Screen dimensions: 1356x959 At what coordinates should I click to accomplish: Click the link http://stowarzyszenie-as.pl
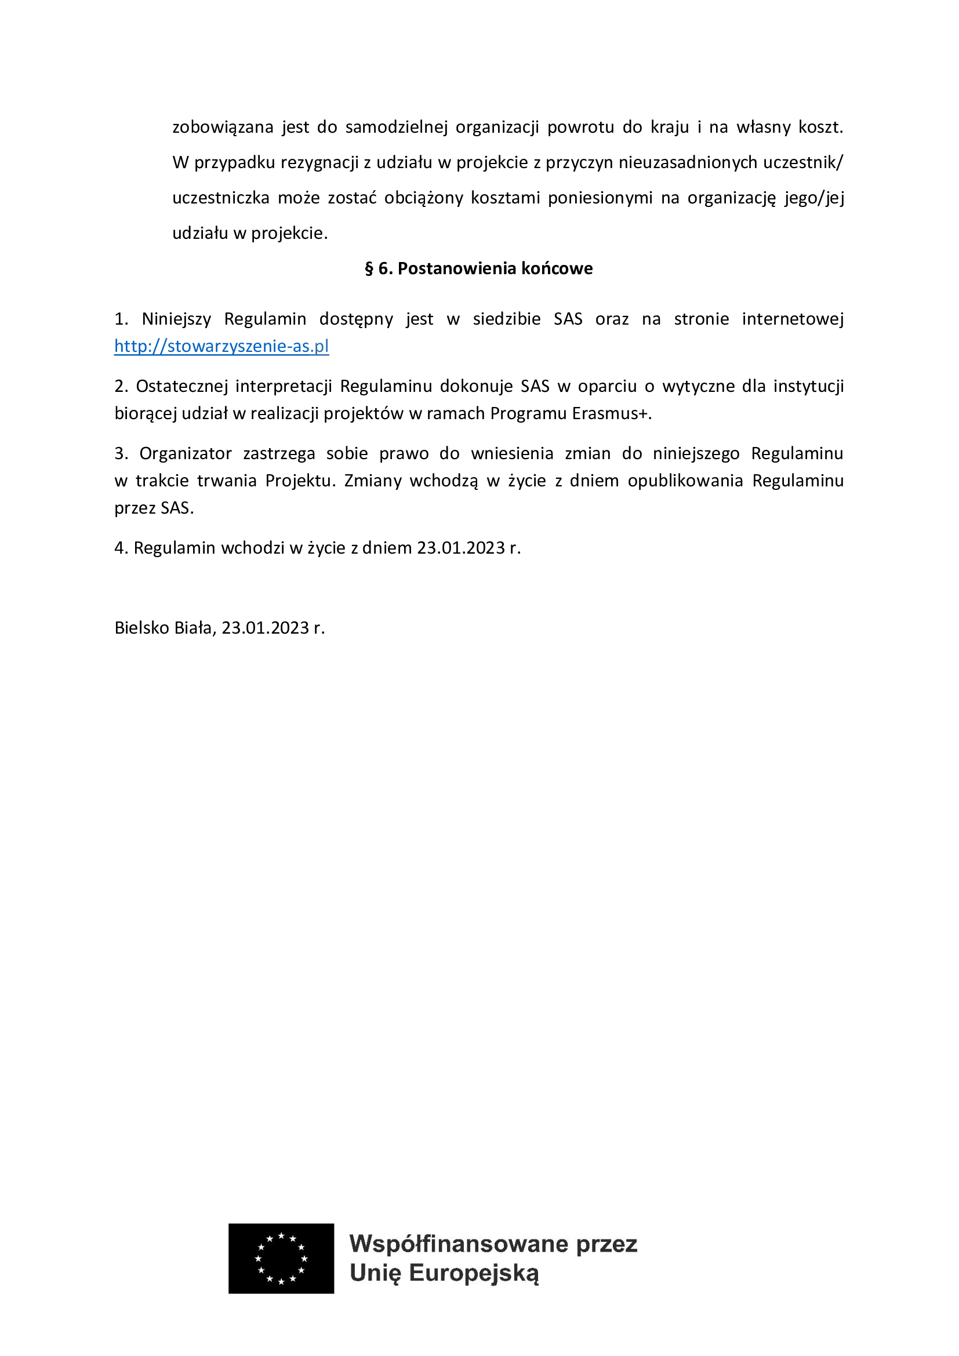tap(221, 346)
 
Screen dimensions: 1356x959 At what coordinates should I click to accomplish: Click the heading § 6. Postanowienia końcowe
tap(479, 269)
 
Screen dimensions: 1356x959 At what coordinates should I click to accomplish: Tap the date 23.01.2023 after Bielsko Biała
tap(265, 628)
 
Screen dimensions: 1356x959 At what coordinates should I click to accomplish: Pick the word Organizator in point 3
tap(186, 453)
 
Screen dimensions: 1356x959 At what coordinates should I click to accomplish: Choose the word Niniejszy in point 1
tap(177, 319)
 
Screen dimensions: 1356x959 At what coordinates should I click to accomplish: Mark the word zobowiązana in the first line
tap(223, 128)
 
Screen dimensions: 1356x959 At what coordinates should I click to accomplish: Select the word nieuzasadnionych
tap(688, 162)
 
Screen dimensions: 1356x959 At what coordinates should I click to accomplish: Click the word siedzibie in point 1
tap(507, 319)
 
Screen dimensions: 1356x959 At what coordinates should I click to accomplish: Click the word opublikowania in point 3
tap(685, 481)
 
